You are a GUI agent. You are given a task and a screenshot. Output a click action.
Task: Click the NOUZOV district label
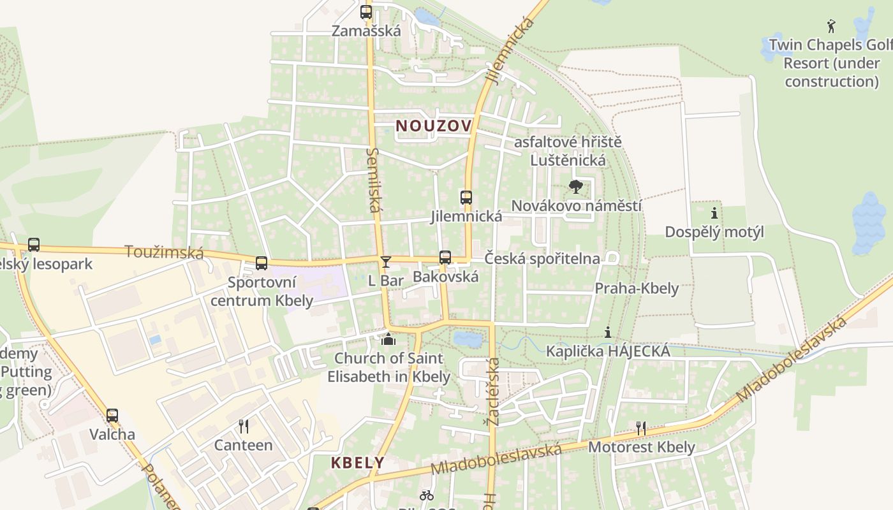tap(434, 126)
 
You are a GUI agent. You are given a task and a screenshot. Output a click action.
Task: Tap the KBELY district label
tap(357, 462)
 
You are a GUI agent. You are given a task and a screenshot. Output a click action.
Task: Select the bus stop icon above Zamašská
tap(365, 11)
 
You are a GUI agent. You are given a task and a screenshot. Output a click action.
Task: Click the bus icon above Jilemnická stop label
tap(466, 198)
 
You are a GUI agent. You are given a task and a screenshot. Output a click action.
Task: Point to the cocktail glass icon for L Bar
tap(385, 261)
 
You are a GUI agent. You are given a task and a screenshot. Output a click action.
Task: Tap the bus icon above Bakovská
tap(445, 258)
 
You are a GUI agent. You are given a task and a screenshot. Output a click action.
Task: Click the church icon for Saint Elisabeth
tap(388, 339)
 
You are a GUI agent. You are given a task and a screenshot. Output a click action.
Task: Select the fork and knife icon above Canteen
tap(243, 426)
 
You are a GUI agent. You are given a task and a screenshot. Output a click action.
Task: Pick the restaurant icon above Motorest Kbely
tap(641, 428)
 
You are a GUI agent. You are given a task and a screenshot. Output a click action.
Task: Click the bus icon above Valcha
tap(112, 416)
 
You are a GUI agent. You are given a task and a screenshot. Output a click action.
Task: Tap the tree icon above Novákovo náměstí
tap(576, 187)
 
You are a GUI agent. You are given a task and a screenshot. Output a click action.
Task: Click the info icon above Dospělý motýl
tap(714, 213)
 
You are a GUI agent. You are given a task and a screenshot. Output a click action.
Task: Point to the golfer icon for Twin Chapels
tap(830, 26)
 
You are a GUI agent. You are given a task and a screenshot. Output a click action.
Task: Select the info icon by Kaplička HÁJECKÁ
tap(608, 332)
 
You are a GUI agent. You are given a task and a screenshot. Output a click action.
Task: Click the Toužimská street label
tap(164, 252)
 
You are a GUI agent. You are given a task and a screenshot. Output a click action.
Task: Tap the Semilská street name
tap(374, 180)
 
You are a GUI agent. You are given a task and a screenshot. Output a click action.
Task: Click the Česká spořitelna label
tap(542, 258)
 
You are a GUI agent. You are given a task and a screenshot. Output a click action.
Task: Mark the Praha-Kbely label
tap(637, 288)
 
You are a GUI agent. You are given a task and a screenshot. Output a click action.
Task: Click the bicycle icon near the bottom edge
tap(427, 495)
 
